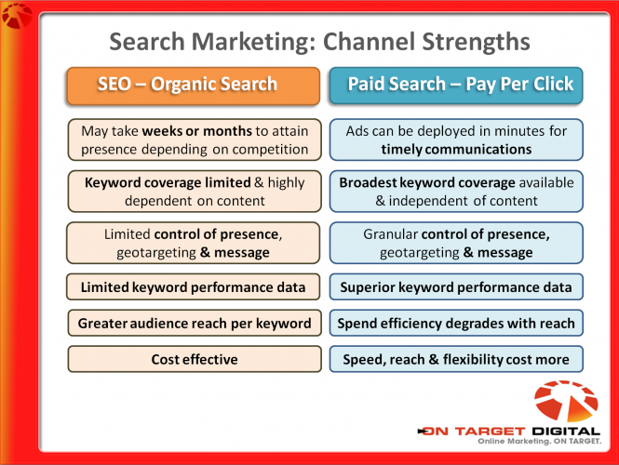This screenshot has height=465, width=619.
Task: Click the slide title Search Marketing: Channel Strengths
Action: (x=319, y=42)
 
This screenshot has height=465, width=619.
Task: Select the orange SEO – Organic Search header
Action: (x=193, y=86)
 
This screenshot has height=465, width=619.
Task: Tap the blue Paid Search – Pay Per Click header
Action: (x=456, y=86)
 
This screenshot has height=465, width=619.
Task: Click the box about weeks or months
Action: (x=195, y=139)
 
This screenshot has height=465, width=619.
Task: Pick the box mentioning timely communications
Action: (x=456, y=139)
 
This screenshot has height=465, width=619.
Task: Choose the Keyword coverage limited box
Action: (x=195, y=192)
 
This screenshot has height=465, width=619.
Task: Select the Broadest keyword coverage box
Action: (x=456, y=192)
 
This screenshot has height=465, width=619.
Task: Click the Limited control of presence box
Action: (x=193, y=243)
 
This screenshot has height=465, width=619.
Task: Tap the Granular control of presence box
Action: (x=456, y=243)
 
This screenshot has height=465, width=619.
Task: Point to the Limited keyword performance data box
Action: (x=193, y=286)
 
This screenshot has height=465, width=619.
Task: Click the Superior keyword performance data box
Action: (x=456, y=286)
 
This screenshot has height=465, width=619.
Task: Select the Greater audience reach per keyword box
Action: (x=195, y=323)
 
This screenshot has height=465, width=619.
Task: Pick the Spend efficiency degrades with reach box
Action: (x=456, y=323)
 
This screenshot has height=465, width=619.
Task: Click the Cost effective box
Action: (x=195, y=359)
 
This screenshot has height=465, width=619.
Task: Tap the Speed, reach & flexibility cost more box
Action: (x=456, y=359)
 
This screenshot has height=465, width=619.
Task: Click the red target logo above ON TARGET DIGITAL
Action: (x=566, y=401)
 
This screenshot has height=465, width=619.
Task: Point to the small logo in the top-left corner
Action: (x=17, y=16)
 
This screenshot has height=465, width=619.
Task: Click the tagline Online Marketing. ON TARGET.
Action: (x=539, y=441)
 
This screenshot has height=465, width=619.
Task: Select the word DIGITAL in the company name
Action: (x=566, y=432)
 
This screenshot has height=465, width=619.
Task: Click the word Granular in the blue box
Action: (x=390, y=234)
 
